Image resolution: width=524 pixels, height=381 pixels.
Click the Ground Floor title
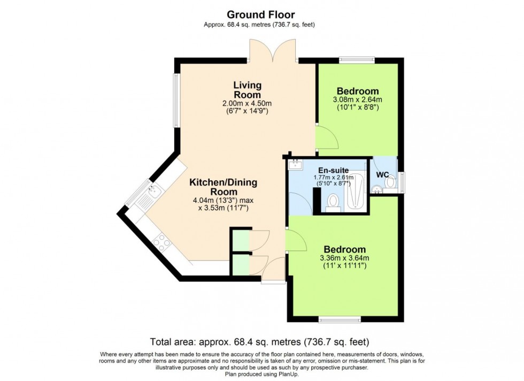[261, 14]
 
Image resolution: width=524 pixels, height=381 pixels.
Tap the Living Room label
[247, 89]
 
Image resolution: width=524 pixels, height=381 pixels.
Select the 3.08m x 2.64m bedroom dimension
[357, 100]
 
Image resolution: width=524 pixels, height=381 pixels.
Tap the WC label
[382, 175]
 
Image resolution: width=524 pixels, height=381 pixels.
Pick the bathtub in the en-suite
[355, 194]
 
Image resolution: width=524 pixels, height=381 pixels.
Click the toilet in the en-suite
[333, 202]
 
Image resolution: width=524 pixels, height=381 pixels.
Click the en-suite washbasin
[295, 165]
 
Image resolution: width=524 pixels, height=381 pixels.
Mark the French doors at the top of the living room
[273, 52]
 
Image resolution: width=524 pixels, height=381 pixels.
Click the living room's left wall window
[175, 100]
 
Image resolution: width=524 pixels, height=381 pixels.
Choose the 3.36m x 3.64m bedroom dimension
[344, 258]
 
